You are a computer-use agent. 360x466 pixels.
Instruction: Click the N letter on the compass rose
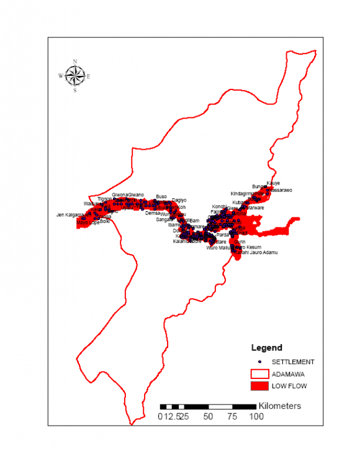(x=75, y=62)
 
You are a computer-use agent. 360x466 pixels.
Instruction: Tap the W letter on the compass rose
(x=61, y=76)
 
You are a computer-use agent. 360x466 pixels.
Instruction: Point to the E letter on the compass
(x=89, y=76)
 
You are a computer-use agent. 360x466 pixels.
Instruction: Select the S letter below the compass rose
(x=75, y=90)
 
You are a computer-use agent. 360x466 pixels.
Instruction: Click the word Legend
(x=266, y=348)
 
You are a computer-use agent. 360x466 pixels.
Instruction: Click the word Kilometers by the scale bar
(x=280, y=406)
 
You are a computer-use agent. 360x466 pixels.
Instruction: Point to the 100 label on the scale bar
(x=255, y=416)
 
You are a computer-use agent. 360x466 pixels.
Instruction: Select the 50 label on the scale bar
(x=208, y=416)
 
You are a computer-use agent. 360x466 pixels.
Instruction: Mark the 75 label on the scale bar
(x=232, y=416)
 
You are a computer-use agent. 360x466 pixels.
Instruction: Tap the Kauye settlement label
(x=273, y=183)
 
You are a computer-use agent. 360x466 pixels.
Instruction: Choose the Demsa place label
(x=153, y=212)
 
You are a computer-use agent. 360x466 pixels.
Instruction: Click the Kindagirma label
(x=242, y=193)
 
